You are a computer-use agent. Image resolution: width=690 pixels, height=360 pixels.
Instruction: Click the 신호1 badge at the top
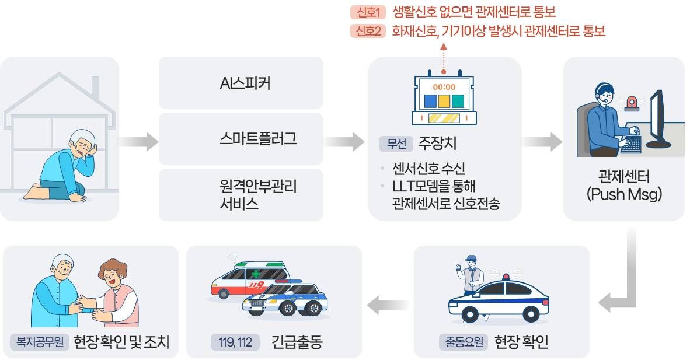(368, 12)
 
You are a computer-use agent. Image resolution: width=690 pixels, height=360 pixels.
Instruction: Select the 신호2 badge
(368, 32)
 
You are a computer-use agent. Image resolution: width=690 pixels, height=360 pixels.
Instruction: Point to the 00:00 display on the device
(444, 87)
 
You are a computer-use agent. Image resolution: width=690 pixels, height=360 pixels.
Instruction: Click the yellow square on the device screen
(444, 101)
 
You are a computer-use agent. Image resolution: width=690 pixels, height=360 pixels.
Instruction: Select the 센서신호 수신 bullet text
(428, 169)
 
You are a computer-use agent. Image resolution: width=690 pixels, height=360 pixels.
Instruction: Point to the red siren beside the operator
(631, 103)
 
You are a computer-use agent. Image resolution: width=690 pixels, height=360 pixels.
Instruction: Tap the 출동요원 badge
(463, 342)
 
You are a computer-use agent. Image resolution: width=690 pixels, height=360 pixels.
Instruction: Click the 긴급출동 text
(297, 342)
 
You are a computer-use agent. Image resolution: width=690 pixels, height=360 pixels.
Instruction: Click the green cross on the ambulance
(256, 273)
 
